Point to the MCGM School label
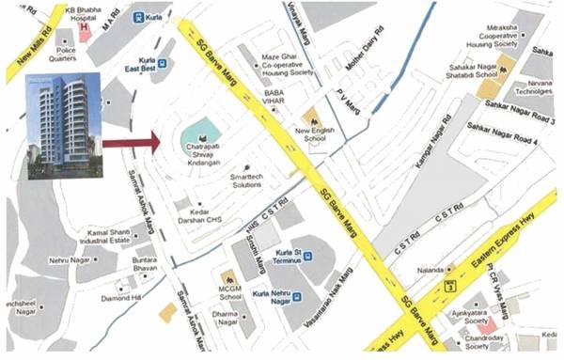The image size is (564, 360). (231, 286)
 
